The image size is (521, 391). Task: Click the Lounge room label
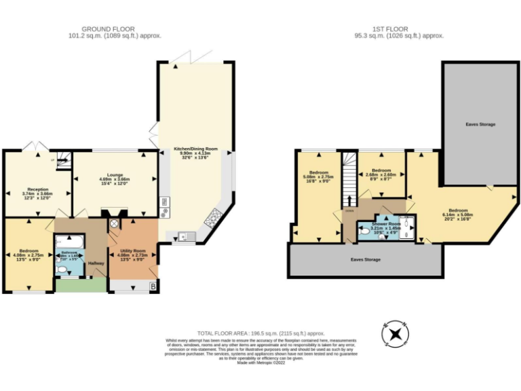click(x=114, y=174)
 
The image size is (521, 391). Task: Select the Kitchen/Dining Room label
click(x=195, y=148)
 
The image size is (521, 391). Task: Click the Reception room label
click(x=37, y=189)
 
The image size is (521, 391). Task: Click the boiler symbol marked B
click(x=153, y=287)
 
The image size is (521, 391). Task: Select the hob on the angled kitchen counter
click(x=213, y=217)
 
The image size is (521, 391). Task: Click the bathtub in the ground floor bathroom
click(x=70, y=242)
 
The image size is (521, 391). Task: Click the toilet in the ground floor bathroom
click(x=63, y=269)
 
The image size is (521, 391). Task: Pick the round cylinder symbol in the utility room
click(x=114, y=223)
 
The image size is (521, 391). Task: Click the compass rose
click(x=395, y=335)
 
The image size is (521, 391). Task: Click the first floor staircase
click(x=350, y=180)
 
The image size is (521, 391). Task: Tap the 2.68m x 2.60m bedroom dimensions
click(x=381, y=174)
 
